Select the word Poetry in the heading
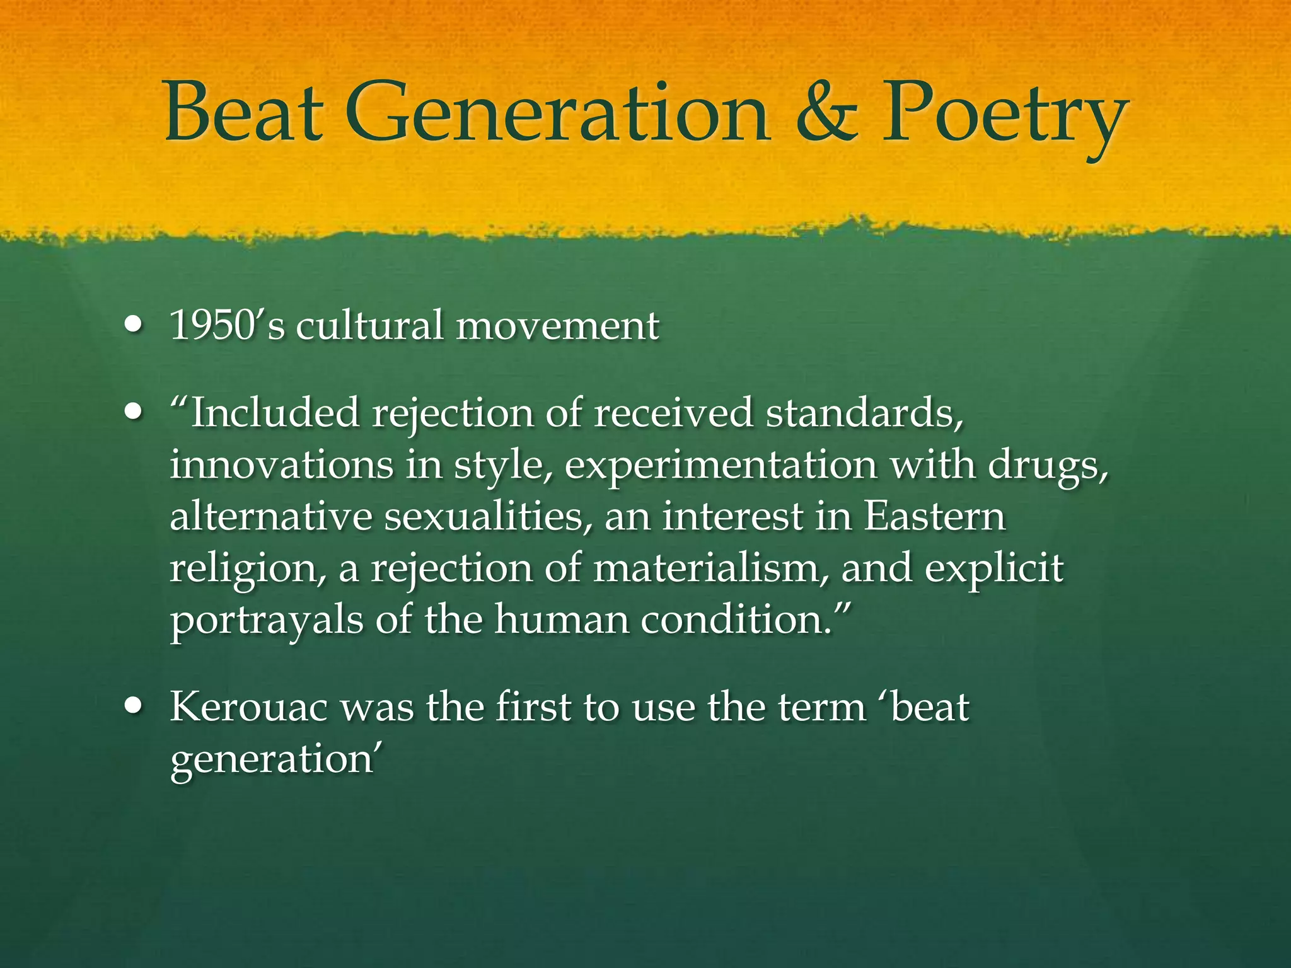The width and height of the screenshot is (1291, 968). pos(1003,117)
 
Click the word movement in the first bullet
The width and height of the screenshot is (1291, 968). pos(557,326)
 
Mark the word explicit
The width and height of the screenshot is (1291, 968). pos(994,569)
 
